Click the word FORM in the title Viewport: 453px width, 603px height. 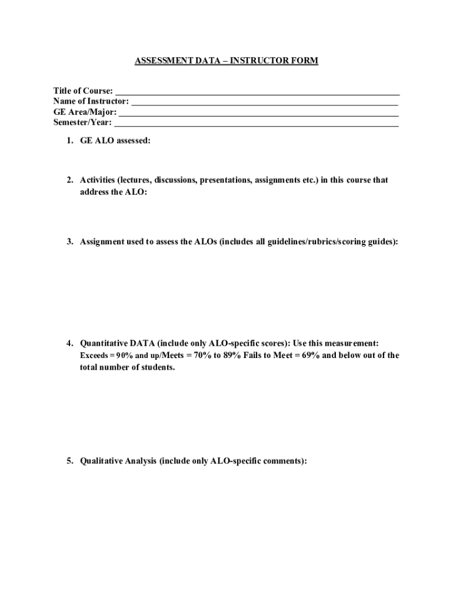(305, 61)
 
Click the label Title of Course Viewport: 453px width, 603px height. (83, 91)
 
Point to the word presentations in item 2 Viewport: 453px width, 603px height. (226, 180)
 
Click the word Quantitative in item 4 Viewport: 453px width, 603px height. (103, 343)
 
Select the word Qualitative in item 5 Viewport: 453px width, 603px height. (101, 461)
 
